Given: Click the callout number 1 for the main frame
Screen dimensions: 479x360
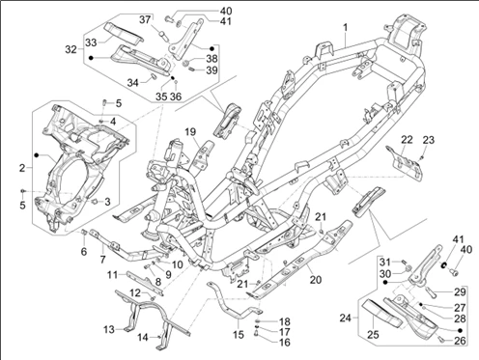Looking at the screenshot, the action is click(346, 28).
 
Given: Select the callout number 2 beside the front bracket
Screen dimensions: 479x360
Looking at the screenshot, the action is click(22, 168).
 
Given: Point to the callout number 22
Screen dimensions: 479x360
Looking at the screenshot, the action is click(407, 140).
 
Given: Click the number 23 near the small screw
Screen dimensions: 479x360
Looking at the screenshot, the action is click(429, 140).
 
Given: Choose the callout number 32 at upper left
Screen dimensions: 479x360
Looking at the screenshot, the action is click(71, 49).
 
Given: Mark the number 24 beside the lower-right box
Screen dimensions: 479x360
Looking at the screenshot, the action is click(346, 318).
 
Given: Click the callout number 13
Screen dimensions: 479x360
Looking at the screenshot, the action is click(109, 329).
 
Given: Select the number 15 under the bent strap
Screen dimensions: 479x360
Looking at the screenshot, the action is click(239, 335).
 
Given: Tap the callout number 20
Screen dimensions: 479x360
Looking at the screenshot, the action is click(316, 280).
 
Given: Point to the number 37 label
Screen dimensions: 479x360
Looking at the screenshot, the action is click(145, 19).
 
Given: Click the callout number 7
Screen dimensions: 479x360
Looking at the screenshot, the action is click(102, 259).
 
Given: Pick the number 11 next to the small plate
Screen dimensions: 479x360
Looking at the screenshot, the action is click(113, 275).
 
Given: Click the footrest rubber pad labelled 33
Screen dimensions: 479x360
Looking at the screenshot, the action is click(124, 33).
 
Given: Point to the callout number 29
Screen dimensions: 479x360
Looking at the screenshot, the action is click(460, 291).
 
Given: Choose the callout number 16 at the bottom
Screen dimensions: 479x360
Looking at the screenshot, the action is click(285, 343).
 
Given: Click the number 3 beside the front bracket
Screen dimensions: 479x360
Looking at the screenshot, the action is click(107, 202).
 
